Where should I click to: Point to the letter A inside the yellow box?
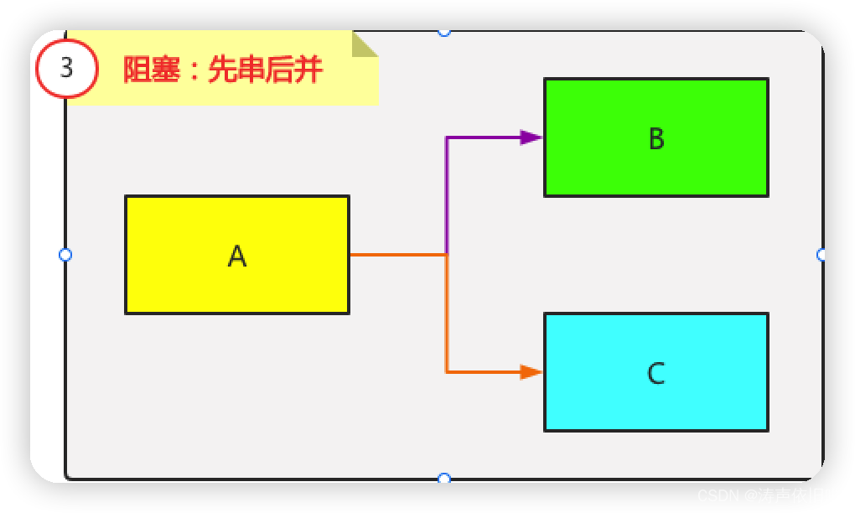coord(237,256)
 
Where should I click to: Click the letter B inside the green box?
coord(656,138)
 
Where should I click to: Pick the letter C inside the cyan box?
coord(656,373)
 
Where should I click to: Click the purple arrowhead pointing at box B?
coord(531,137)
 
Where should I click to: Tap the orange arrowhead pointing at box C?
coord(531,371)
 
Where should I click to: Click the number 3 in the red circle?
coord(67,67)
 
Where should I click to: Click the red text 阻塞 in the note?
coord(152,70)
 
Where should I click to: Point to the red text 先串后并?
coord(265,70)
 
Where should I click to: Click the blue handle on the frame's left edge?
coord(65,254)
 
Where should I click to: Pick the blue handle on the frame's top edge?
coord(444,32)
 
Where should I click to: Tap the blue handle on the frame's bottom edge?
coord(444,479)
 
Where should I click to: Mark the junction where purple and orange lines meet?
coord(447,253)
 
